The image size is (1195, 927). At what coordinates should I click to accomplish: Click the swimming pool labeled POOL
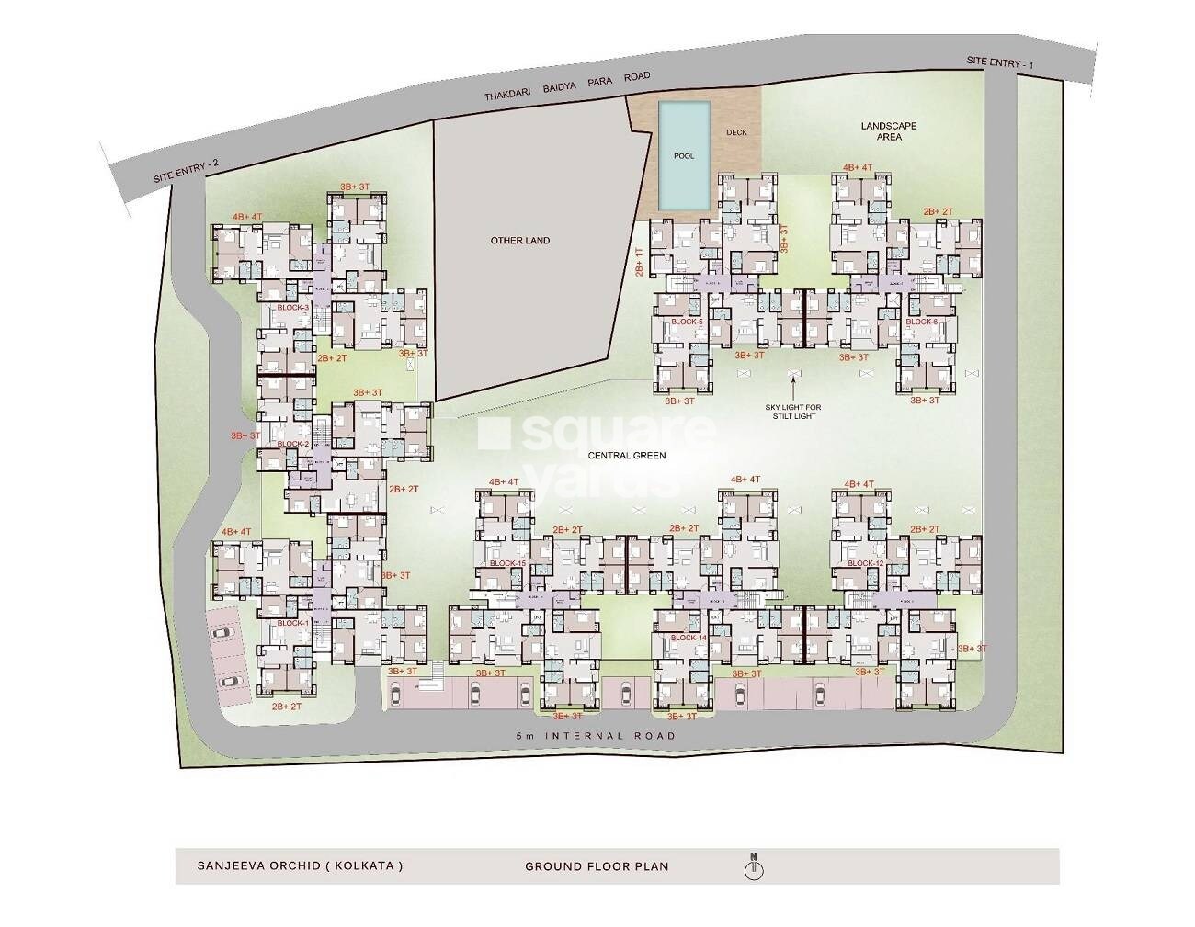(684, 154)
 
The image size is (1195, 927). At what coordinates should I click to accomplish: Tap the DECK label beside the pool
(736, 132)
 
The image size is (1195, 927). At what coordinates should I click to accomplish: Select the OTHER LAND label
(519, 241)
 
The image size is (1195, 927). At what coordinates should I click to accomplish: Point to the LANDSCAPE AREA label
(888, 131)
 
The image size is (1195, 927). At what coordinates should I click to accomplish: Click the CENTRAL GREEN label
(628, 456)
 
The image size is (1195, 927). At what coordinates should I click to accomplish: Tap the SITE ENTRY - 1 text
(1000, 62)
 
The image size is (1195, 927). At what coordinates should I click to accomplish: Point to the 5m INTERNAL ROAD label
(596, 736)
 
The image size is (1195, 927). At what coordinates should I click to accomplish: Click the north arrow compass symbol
(754, 866)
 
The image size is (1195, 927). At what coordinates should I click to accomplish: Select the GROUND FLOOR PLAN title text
(597, 866)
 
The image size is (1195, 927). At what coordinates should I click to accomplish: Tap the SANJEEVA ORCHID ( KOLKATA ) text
(300, 866)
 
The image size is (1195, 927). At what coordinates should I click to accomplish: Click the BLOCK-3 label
(292, 308)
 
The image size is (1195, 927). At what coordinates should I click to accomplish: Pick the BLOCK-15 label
(507, 563)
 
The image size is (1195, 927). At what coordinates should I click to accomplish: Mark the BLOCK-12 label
(865, 563)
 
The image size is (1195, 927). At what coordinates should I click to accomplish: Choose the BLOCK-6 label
(921, 322)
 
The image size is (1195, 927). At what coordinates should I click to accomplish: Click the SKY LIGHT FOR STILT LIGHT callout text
(792, 412)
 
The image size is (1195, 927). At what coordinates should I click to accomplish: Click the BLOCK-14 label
(689, 638)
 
